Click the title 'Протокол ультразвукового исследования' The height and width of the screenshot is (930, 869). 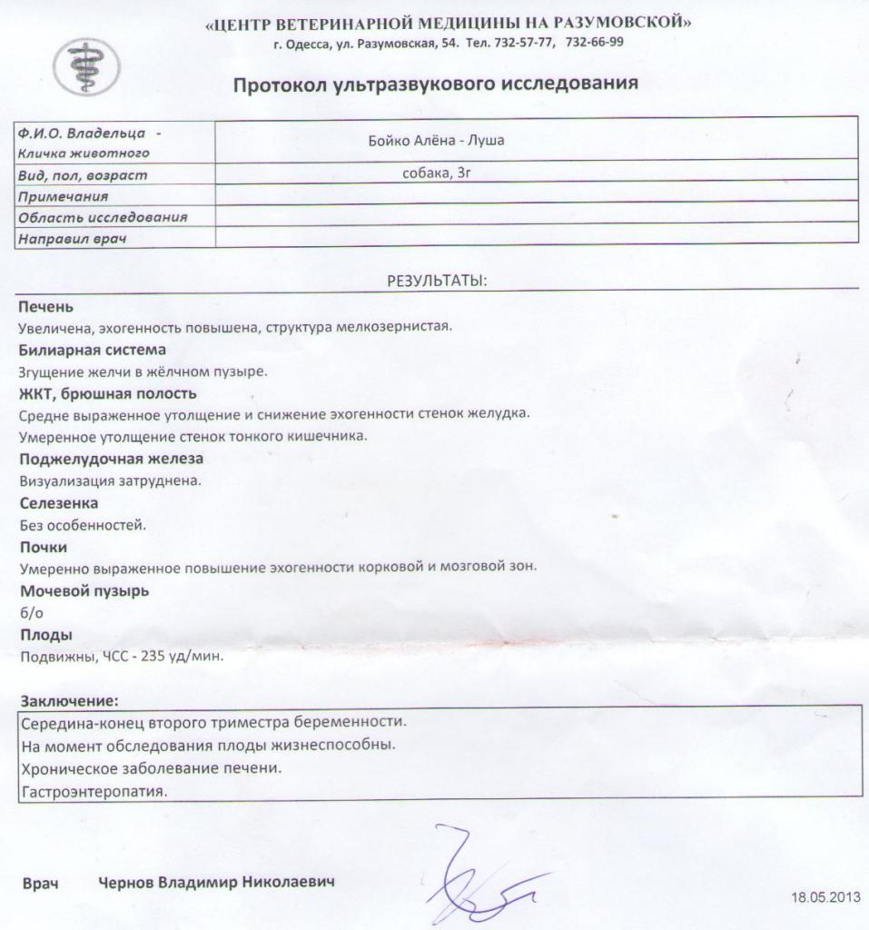436,84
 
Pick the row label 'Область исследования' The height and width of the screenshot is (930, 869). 103,217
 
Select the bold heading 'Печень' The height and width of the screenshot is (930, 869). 45,307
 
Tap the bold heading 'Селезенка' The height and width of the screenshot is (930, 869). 59,502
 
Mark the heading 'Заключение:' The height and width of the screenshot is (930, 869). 69,701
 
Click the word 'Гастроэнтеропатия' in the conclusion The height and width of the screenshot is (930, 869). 94,792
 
